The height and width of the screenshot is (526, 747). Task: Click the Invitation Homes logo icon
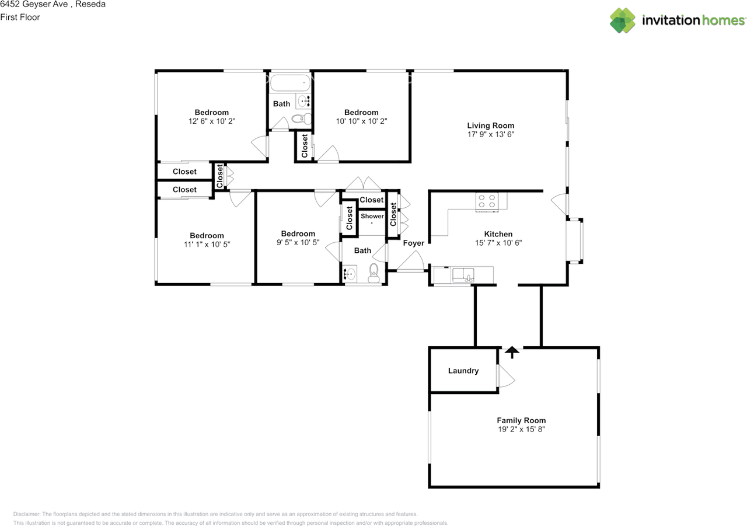tap(623, 20)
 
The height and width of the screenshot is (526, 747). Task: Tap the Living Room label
tap(490, 126)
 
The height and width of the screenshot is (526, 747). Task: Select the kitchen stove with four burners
tap(487, 201)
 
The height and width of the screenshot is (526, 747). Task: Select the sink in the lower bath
tap(351, 274)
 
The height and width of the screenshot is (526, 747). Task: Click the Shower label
tap(372, 216)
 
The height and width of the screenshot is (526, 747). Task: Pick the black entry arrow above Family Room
tap(512, 351)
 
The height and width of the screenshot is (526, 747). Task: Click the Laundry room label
tap(463, 371)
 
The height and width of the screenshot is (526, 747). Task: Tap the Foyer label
tap(414, 243)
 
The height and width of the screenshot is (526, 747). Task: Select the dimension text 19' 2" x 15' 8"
tap(521, 430)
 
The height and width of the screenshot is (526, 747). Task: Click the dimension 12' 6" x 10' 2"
tap(212, 121)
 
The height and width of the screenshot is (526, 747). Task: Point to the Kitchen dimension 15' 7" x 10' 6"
tap(498, 243)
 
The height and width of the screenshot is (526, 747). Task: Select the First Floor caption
tap(20, 18)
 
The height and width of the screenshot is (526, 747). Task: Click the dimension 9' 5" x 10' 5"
tap(298, 242)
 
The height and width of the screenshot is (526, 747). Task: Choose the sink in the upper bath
tap(304, 101)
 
